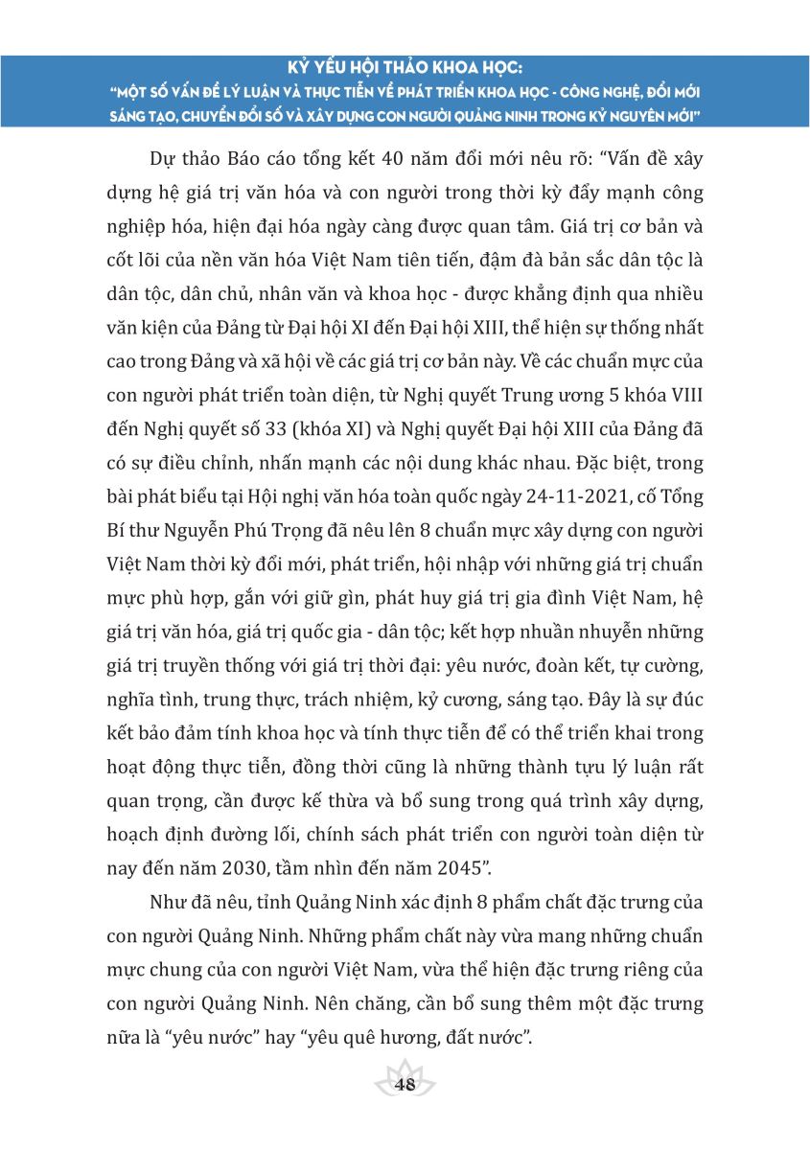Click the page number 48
pos(405,1085)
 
